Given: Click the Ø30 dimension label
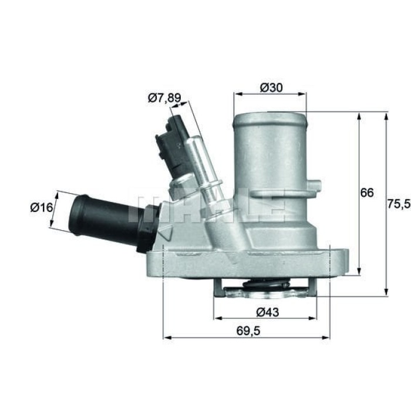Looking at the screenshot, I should click(x=271, y=87).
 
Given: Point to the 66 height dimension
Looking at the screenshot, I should click(x=367, y=193).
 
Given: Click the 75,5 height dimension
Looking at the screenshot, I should click(x=399, y=204).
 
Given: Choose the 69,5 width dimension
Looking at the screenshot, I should click(x=247, y=331).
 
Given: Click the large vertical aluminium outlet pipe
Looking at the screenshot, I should click(x=270, y=164).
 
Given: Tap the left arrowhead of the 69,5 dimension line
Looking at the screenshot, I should click(x=166, y=338).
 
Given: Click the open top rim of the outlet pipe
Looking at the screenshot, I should click(x=270, y=115).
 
